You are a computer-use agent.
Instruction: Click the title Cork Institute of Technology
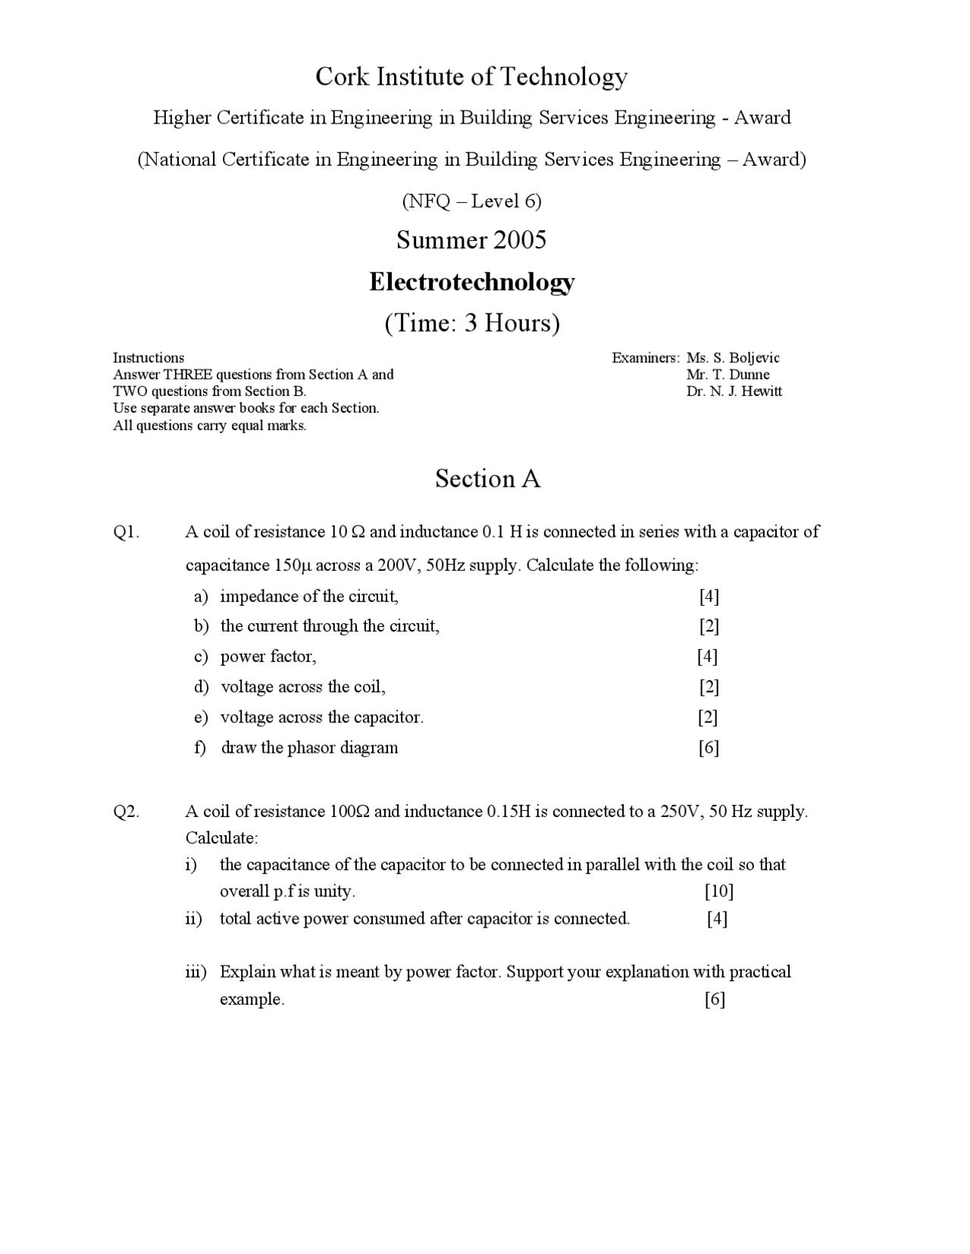(x=471, y=76)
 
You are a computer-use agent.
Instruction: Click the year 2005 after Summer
(x=519, y=240)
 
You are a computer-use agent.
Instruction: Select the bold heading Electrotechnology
(x=471, y=282)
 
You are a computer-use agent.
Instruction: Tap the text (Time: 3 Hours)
(x=471, y=323)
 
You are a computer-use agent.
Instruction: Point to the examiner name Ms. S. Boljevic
(x=732, y=357)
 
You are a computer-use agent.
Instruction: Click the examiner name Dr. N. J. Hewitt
(x=734, y=391)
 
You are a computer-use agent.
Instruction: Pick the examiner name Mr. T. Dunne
(x=727, y=374)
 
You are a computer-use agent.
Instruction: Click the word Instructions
(x=149, y=357)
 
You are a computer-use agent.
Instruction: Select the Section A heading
(x=487, y=479)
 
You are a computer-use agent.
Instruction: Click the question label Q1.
(x=127, y=532)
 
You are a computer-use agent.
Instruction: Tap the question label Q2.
(x=127, y=812)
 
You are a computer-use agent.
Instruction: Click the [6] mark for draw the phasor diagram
(x=709, y=748)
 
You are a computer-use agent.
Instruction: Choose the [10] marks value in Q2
(x=718, y=891)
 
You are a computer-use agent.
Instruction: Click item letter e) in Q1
(x=201, y=717)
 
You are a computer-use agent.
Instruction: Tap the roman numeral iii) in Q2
(x=196, y=972)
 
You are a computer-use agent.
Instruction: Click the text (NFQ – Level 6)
(x=471, y=201)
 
